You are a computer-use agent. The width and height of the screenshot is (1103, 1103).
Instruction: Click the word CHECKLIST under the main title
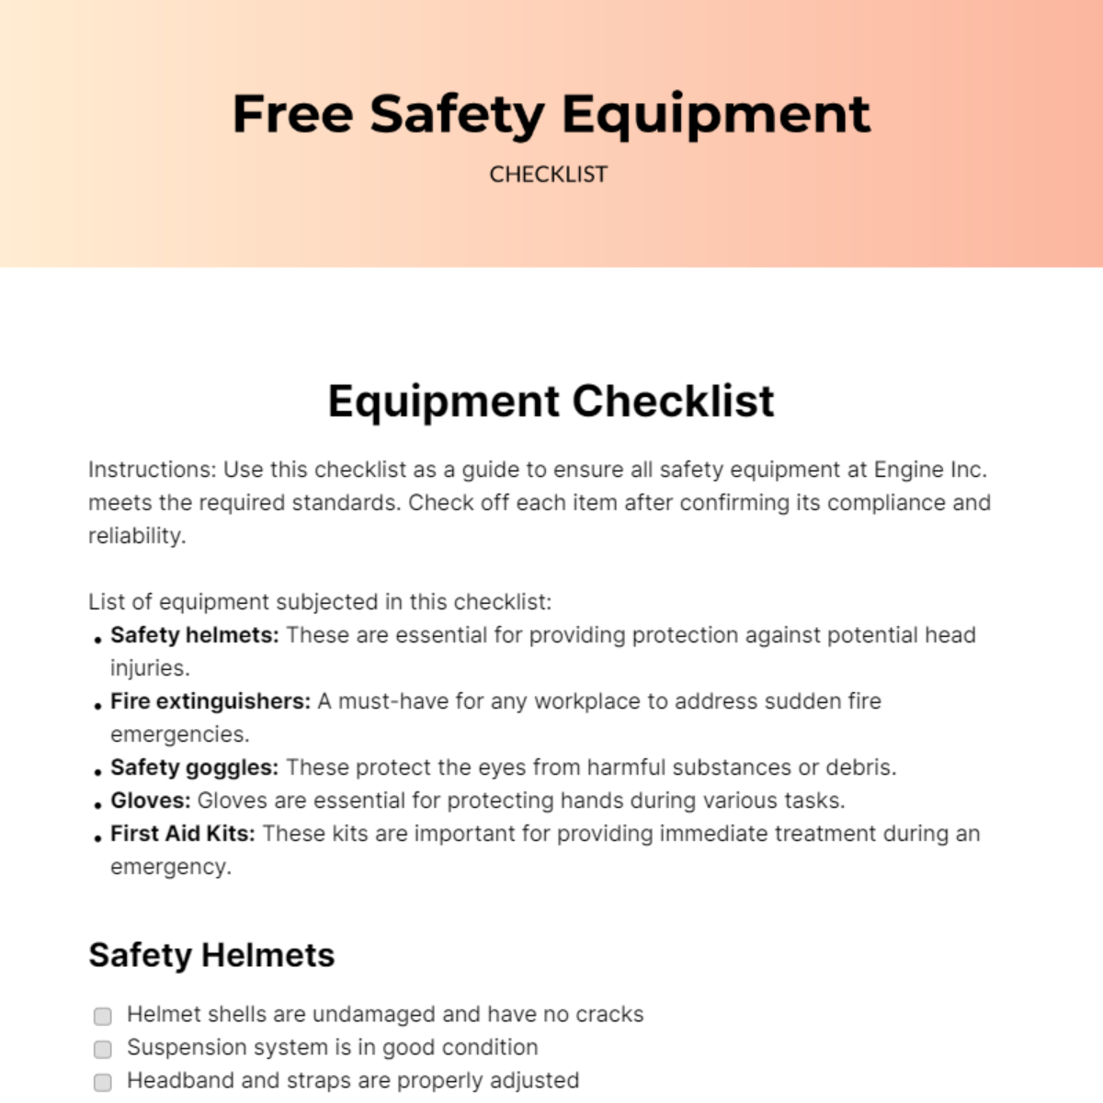click(548, 175)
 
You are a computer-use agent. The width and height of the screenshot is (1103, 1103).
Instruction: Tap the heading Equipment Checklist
click(551, 402)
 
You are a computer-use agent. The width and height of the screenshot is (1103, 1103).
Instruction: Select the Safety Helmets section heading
click(211, 955)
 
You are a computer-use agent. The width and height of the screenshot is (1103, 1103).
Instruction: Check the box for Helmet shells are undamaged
click(103, 1016)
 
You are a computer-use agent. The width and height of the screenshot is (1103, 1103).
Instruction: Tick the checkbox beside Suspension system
click(103, 1049)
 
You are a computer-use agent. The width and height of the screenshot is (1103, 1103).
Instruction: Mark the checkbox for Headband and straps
click(103, 1082)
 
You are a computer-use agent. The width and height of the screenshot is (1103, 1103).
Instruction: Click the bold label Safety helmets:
click(194, 635)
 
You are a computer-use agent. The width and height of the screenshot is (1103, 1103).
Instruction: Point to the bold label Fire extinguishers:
click(210, 701)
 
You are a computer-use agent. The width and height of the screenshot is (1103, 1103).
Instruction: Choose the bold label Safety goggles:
click(194, 768)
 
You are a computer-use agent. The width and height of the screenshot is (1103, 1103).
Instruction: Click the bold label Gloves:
click(151, 801)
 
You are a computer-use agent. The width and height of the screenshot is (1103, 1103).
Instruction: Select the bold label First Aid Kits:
click(183, 834)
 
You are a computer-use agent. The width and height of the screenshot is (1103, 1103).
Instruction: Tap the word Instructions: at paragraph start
click(153, 470)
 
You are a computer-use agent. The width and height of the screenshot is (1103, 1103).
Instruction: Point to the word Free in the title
click(292, 114)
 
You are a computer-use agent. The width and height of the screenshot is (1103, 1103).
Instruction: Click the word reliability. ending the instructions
click(137, 536)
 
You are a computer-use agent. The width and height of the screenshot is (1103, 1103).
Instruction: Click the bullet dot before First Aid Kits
click(97, 838)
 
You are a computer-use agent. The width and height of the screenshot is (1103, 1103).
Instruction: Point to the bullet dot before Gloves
click(97, 805)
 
